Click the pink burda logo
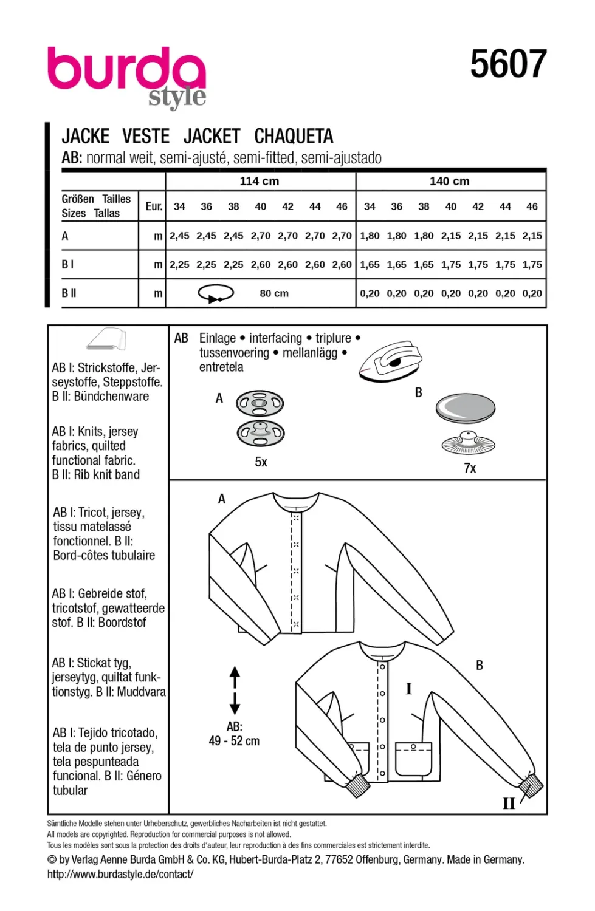(x=126, y=69)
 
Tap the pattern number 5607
(x=508, y=63)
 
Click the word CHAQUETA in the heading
(x=294, y=136)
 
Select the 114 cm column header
(x=260, y=181)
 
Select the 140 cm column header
(x=449, y=181)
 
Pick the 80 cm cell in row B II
(x=274, y=293)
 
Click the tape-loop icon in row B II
(x=216, y=293)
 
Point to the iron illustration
(x=390, y=361)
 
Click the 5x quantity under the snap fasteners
(x=261, y=462)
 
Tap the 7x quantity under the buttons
(x=470, y=468)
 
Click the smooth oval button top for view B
(x=465, y=408)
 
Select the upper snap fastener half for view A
(x=260, y=403)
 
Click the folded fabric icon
(x=106, y=339)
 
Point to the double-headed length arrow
(x=235, y=690)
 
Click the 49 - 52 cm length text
(x=234, y=741)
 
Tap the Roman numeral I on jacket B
(x=409, y=689)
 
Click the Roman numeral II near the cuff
(x=509, y=804)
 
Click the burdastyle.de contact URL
(x=120, y=873)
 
